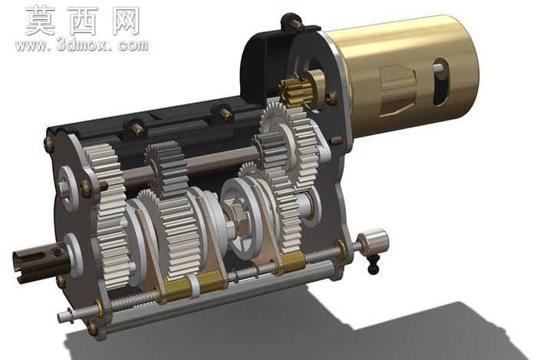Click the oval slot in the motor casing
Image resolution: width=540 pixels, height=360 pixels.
click(440, 82)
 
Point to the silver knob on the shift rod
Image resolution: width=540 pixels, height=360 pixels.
click(373, 242)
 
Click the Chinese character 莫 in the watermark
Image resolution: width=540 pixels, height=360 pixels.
click(40, 21)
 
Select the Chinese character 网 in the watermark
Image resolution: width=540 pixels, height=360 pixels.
click(126, 21)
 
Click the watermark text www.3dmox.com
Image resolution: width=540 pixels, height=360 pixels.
click(81, 45)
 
